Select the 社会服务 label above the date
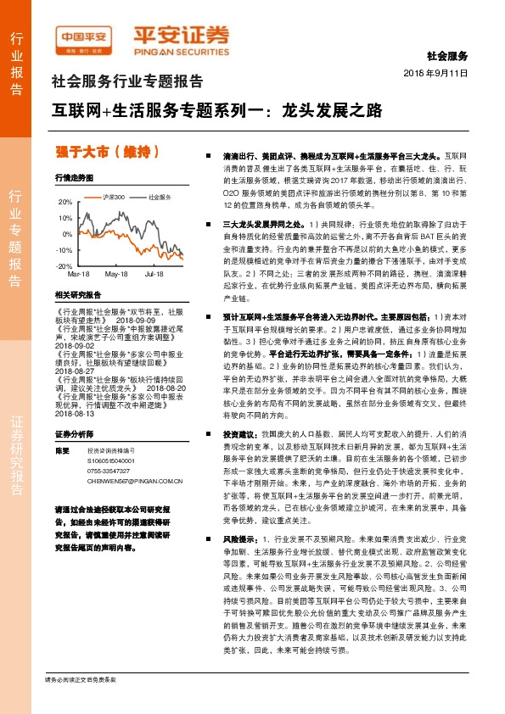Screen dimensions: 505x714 click(x=448, y=56)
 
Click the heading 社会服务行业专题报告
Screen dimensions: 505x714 click(x=127, y=82)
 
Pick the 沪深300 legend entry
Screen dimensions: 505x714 click(x=113, y=197)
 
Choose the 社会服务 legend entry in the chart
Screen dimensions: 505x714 click(x=160, y=197)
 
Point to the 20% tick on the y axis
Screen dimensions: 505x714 click(x=65, y=203)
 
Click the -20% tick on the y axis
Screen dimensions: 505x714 click(x=65, y=266)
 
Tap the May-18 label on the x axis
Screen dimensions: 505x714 click(x=116, y=275)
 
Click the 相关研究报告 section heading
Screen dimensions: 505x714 click(x=77, y=294)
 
